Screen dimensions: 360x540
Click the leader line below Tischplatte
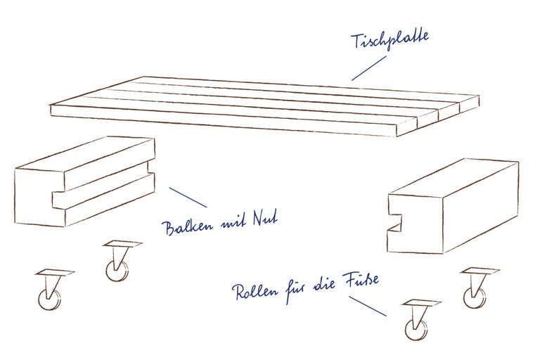pos(368,68)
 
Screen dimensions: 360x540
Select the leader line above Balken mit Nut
pos(188,198)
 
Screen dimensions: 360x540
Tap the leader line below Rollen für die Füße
pos(367,306)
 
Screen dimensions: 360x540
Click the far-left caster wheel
pos(49,299)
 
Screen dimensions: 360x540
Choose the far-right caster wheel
pos(474,296)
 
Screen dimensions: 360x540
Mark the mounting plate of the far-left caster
pos(54,273)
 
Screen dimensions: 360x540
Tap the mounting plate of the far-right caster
pos(480,271)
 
